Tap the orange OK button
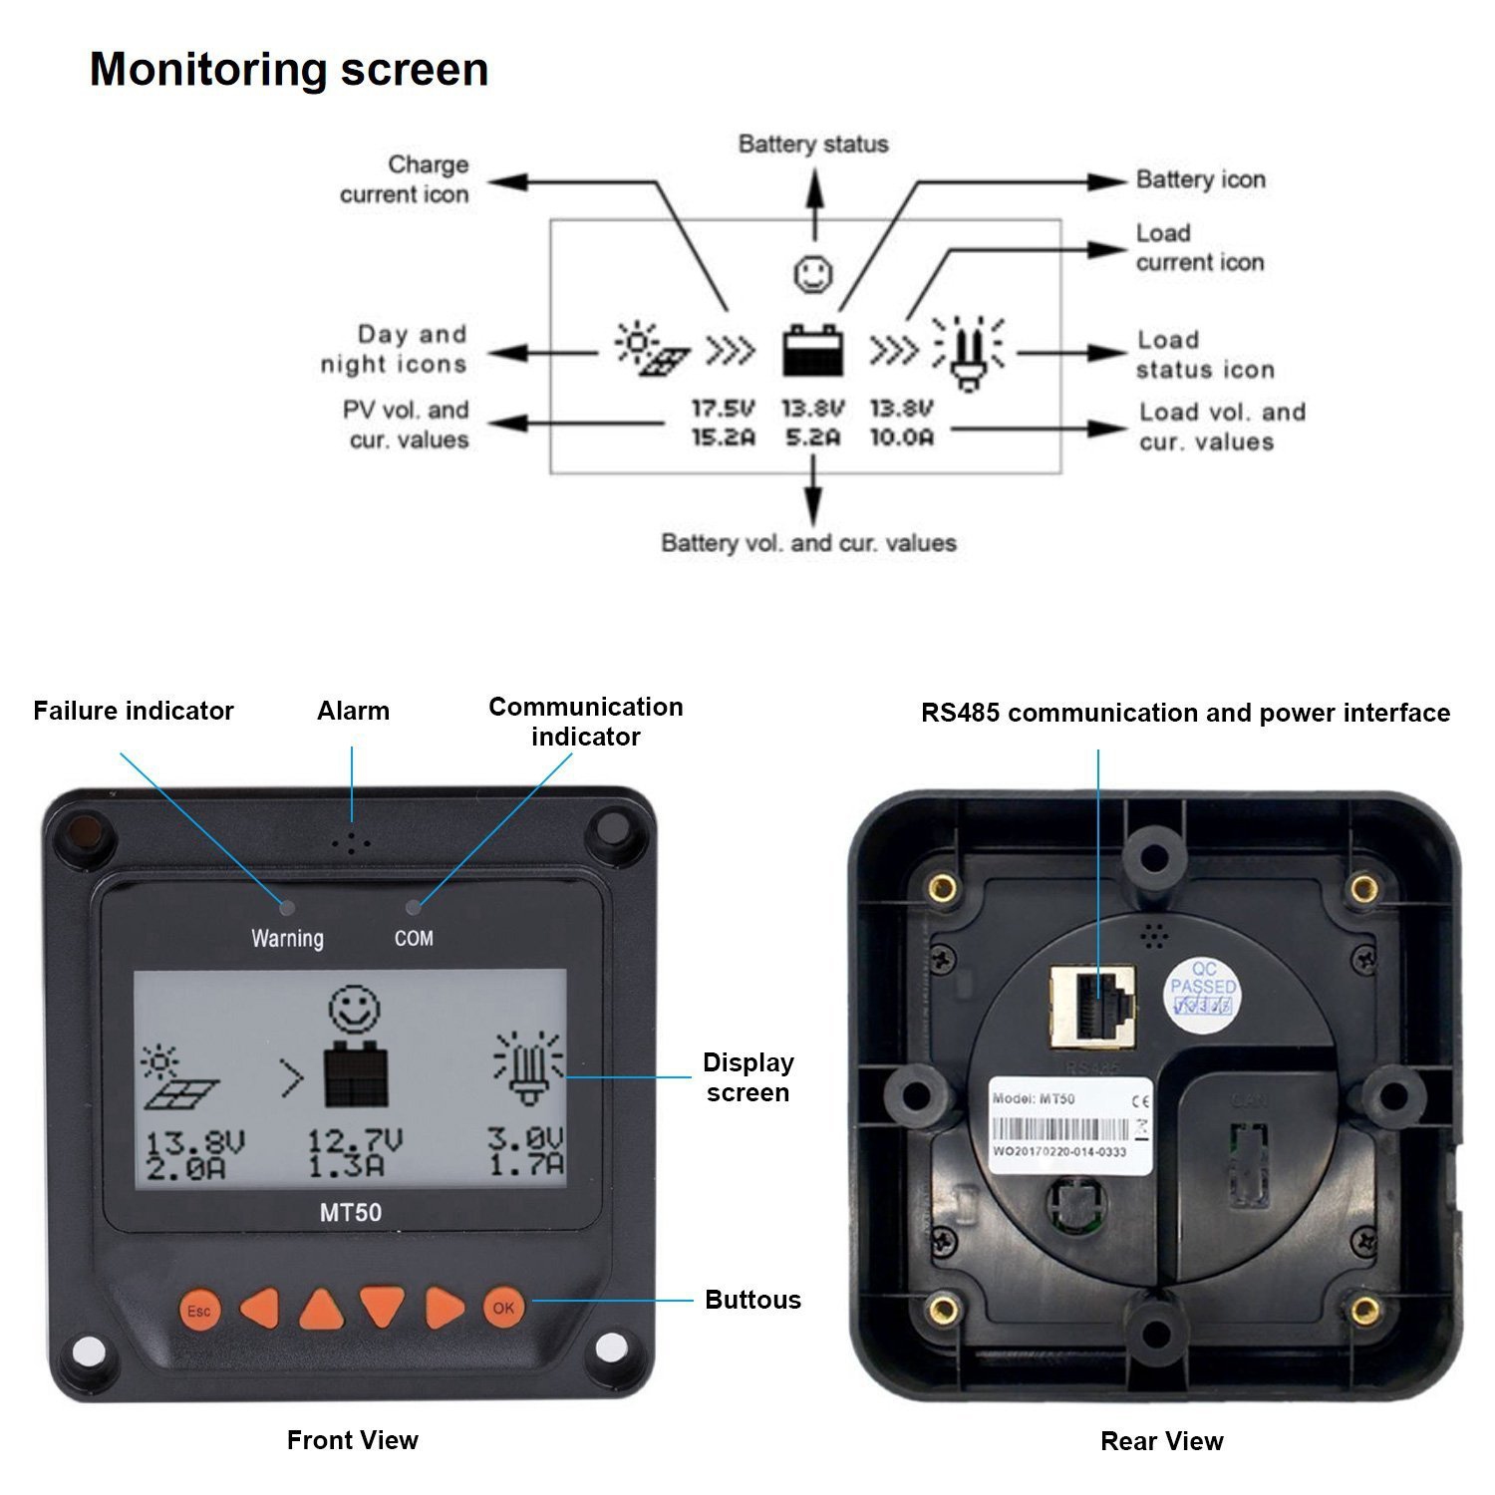click(x=503, y=1308)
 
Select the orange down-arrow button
click(x=382, y=1307)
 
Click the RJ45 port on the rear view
click(x=1093, y=1007)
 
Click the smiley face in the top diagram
click(x=813, y=274)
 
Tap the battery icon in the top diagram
click(x=813, y=351)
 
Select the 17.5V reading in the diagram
click(x=724, y=409)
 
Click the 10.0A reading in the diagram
click(x=902, y=438)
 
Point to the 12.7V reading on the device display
click(x=354, y=1140)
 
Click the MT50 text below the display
click(x=350, y=1213)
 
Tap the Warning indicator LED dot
click(x=287, y=907)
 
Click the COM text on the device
click(x=414, y=938)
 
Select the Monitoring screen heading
click(x=289, y=70)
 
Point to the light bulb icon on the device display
click(x=528, y=1066)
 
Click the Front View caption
click(x=353, y=1440)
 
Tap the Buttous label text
click(x=752, y=1300)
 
